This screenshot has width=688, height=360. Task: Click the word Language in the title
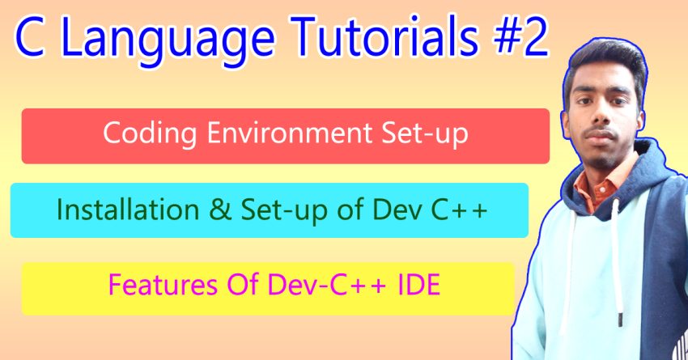click(x=168, y=40)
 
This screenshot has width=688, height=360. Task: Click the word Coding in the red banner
click(x=150, y=133)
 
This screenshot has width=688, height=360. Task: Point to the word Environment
click(x=289, y=133)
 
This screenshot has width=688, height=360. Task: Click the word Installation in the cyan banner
click(x=128, y=210)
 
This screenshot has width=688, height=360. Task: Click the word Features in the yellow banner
click(x=163, y=285)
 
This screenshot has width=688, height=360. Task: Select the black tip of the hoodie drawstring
click(x=620, y=320)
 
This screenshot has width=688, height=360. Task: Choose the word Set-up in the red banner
click(x=425, y=133)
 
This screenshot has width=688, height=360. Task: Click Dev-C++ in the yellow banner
click(x=327, y=285)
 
